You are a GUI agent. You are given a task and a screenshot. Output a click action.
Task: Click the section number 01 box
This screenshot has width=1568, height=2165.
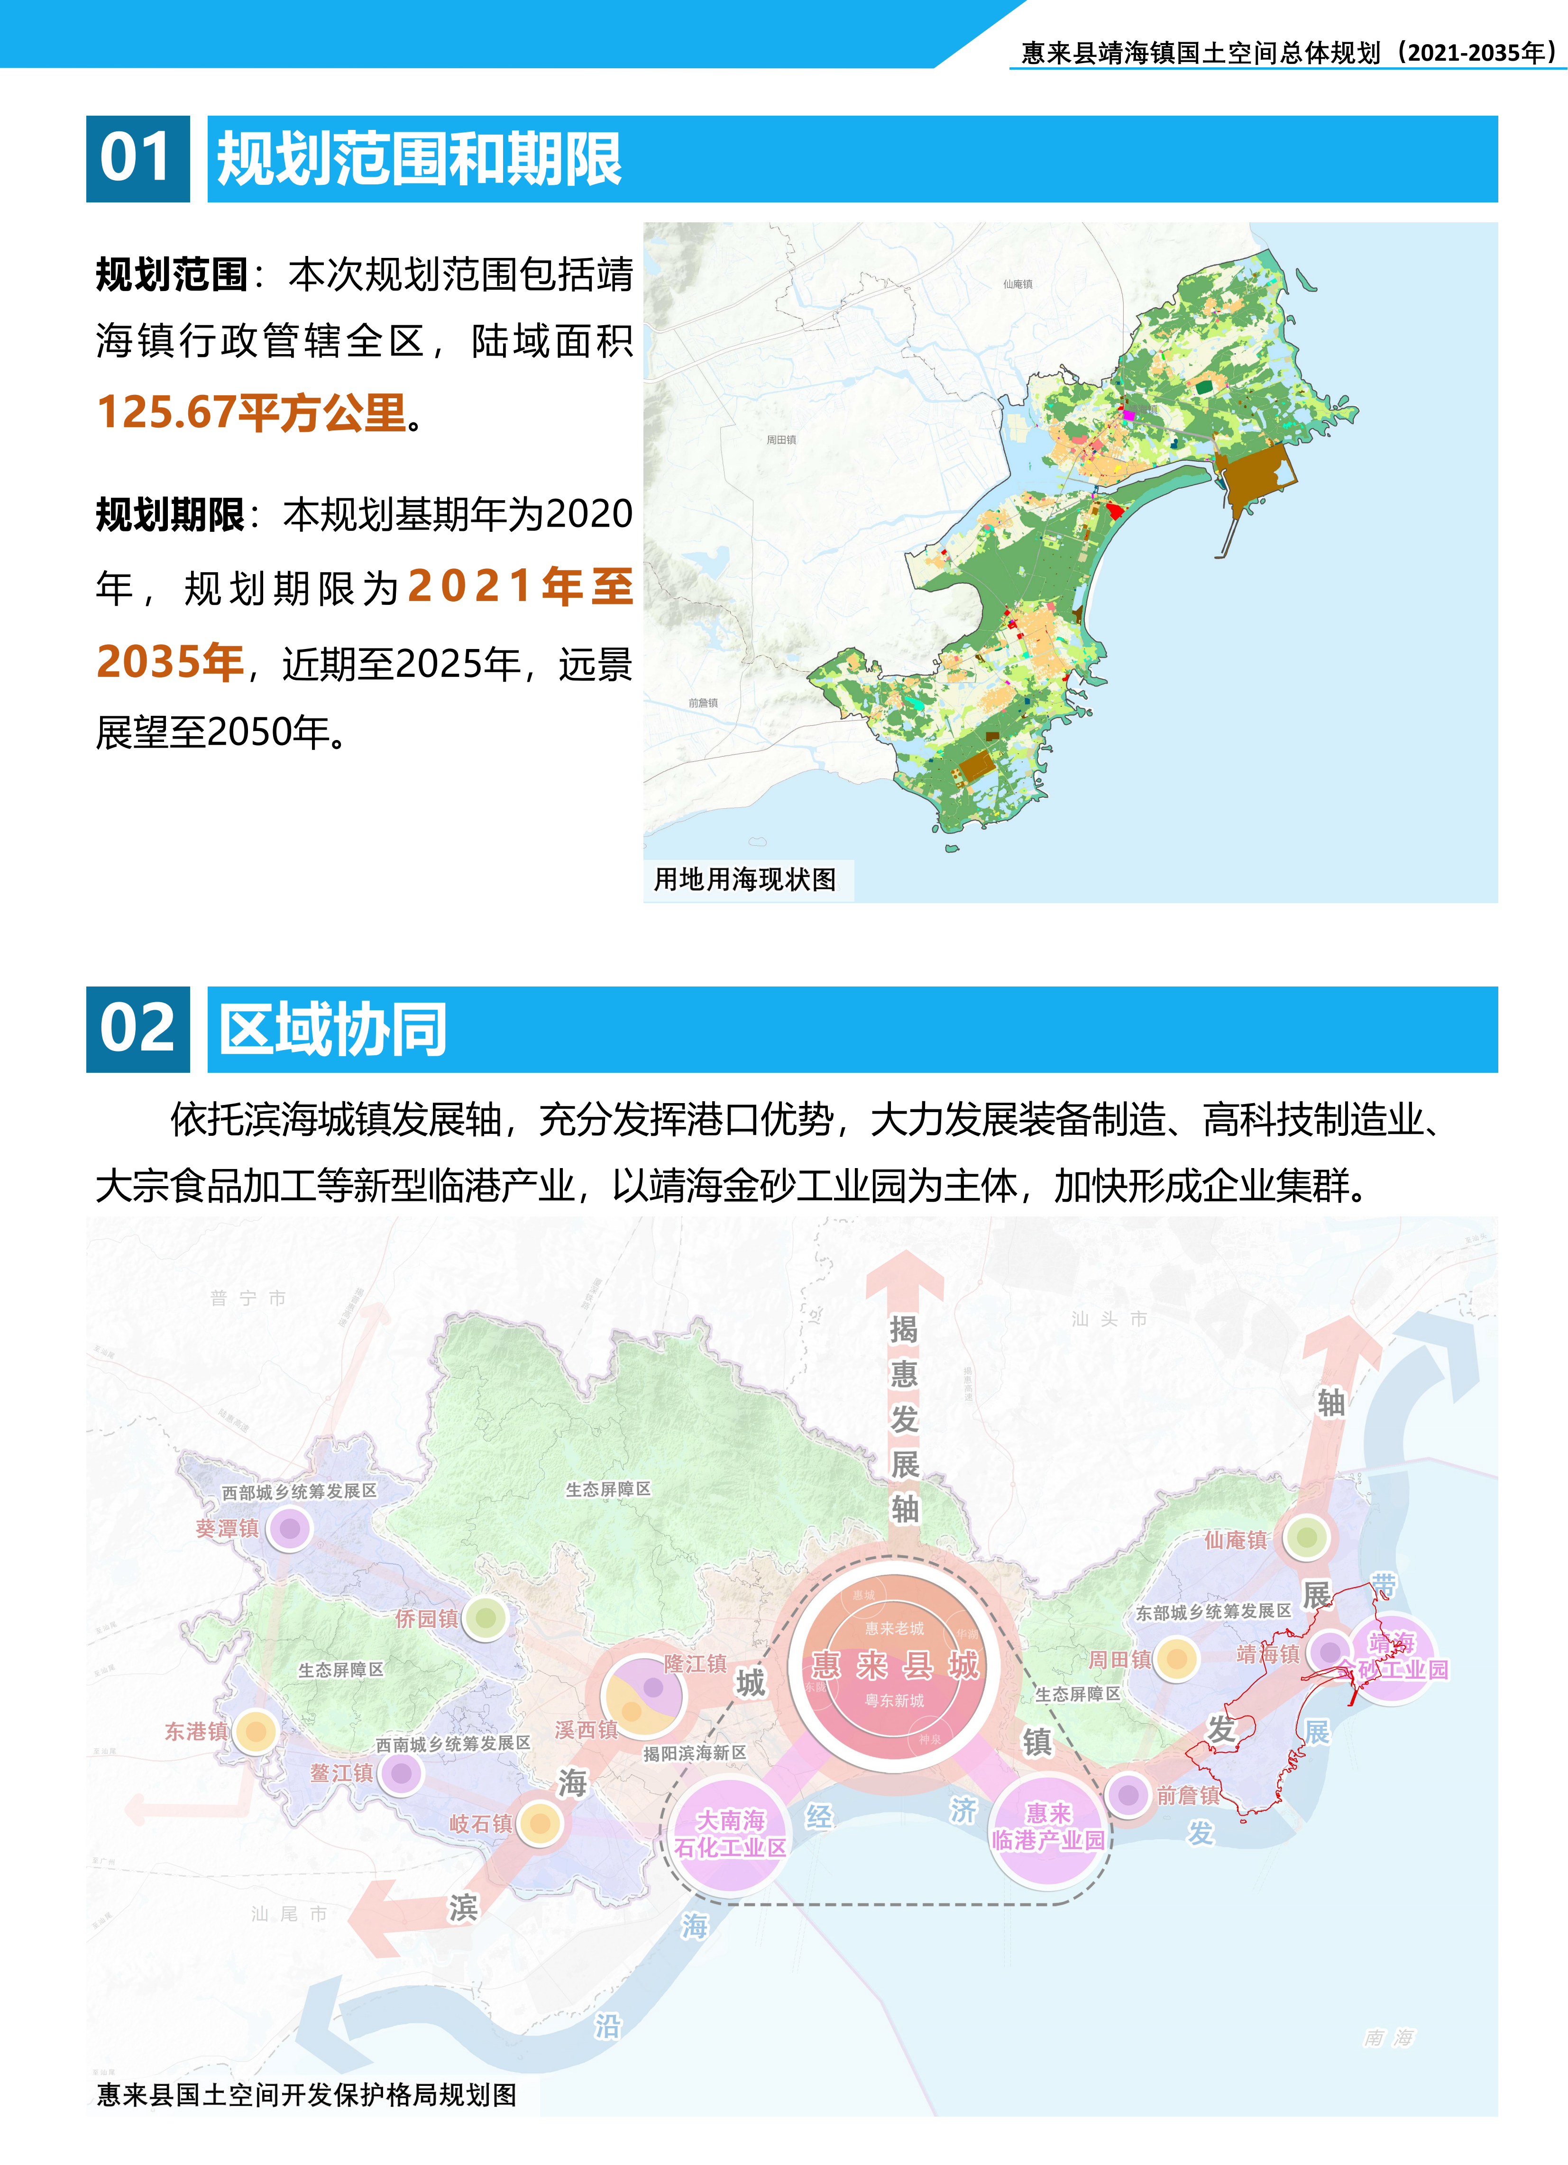point(138,158)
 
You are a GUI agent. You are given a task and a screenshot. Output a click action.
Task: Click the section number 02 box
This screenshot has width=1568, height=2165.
point(138,1029)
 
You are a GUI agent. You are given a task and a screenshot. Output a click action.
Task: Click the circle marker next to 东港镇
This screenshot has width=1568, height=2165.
point(255,1731)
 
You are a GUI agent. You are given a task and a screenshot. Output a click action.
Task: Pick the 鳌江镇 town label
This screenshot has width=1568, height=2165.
point(341,1772)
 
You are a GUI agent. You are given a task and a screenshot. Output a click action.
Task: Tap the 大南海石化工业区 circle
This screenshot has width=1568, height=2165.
point(731,1834)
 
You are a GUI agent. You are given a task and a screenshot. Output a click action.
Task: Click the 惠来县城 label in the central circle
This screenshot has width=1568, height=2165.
point(895,1665)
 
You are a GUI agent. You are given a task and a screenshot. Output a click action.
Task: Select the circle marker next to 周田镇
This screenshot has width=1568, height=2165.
point(1177,1659)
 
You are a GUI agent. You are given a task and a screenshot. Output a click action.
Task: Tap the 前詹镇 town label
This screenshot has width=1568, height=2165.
point(1188,1796)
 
